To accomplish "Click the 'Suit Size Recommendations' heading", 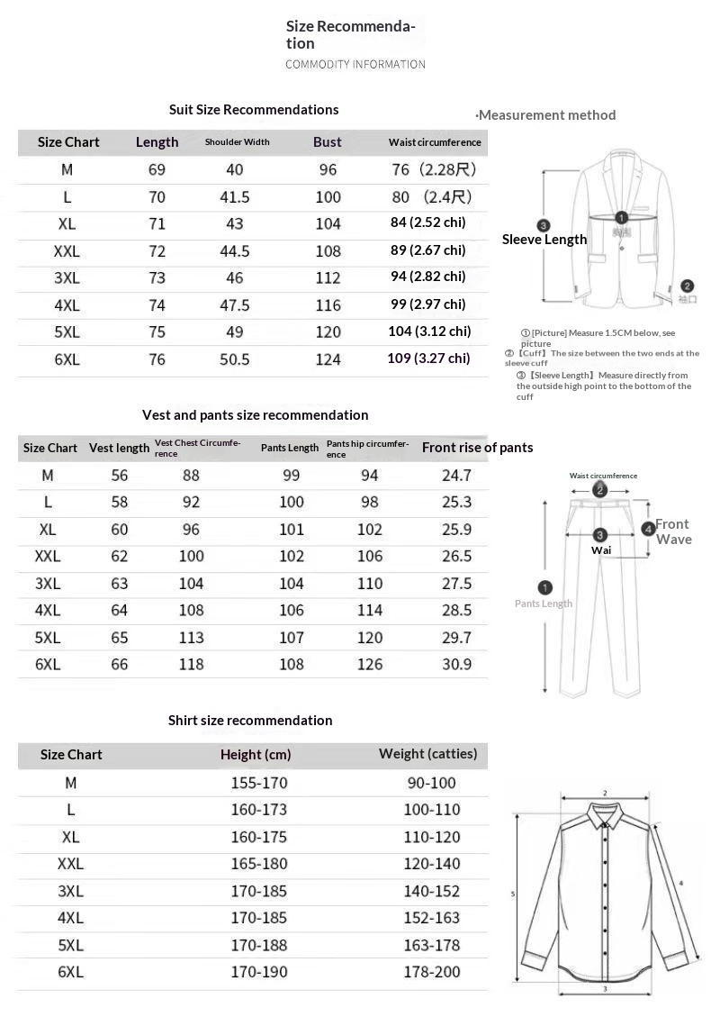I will click(254, 110).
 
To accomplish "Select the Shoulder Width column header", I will click(237, 142).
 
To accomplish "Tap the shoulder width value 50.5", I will click(235, 359).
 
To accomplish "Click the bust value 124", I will click(328, 359).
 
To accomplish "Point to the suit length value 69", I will click(157, 169).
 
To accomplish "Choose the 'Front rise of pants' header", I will click(477, 448).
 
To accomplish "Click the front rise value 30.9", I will click(456, 665).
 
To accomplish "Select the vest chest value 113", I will click(191, 638).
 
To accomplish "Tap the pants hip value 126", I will click(370, 665).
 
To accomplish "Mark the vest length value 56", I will click(120, 476).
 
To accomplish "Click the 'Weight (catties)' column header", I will click(427, 754).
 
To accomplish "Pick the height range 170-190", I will click(259, 972).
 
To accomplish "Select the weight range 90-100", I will click(432, 783).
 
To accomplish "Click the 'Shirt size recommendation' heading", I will click(250, 721).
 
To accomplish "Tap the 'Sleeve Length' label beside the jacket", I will click(544, 240).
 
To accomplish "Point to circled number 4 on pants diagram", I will click(648, 530).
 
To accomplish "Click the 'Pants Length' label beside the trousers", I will click(544, 604).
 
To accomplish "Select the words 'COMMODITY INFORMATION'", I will click(355, 65).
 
